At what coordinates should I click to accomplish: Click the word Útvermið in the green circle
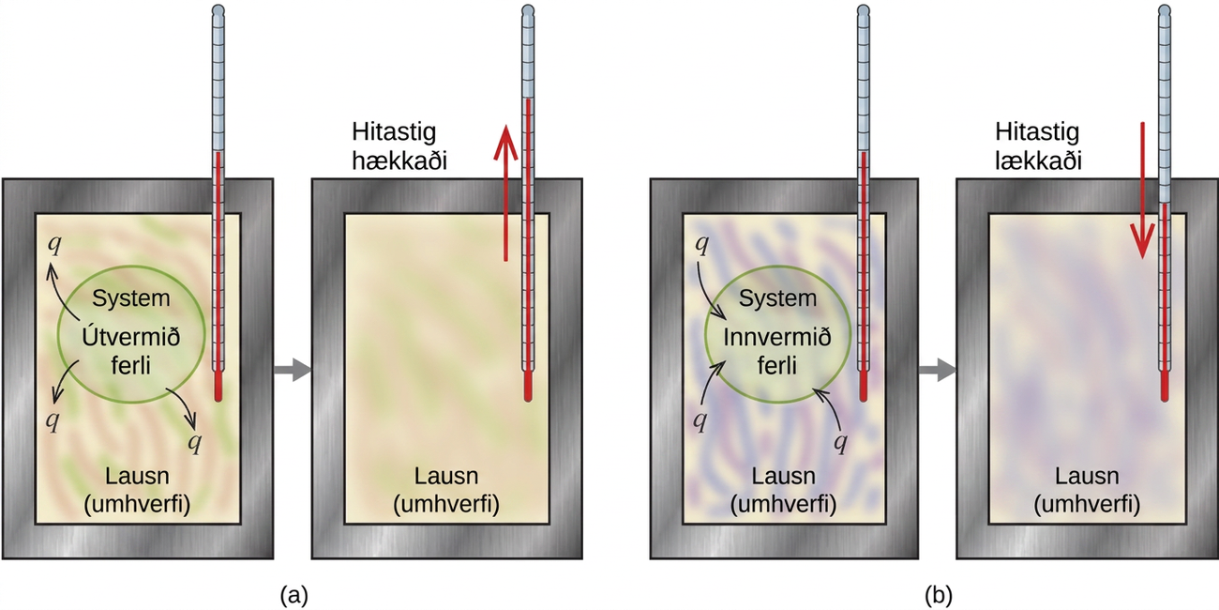(130, 337)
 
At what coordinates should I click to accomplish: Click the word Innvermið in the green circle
(777, 338)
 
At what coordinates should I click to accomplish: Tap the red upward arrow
(505, 193)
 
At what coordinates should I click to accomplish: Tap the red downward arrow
(1142, 191)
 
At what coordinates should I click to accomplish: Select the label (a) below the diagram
(293, 595)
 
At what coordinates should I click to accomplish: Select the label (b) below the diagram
(939, 595)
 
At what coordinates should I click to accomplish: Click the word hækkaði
(399, 161)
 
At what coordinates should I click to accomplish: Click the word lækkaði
(1038, 161)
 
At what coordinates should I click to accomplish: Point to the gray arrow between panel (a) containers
(293, 370)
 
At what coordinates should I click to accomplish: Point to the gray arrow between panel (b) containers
(938, 370)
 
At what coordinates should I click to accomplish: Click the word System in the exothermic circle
(131, 298)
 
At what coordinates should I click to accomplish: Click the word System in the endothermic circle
(777, 298)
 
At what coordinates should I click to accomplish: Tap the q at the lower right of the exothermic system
(195, 442)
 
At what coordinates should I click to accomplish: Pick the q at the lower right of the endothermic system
(841, 442)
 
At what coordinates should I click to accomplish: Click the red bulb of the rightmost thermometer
(1165, 386)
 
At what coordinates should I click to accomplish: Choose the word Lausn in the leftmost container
(137, 476)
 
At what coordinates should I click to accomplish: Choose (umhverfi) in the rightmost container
(1087, 505)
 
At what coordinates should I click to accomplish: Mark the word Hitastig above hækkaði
(394, 132)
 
